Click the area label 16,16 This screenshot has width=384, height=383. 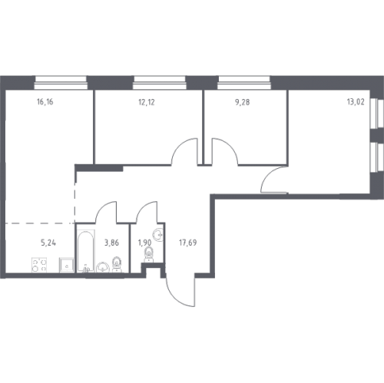point(45,102)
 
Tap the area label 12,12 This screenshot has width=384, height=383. point(147,102)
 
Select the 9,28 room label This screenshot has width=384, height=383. point(242,102)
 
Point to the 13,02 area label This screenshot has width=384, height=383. point(356,102)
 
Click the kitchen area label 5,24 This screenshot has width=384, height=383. point(48,243)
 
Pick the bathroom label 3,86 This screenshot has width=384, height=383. point(111,243)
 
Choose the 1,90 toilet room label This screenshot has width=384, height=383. point(144,243)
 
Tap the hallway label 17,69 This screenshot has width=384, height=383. point(188,243)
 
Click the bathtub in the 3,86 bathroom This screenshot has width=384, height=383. point(86,251)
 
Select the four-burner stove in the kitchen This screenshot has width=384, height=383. point(40,265)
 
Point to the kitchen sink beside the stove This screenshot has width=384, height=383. point(67,265)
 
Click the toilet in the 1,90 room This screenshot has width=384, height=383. point(148,255)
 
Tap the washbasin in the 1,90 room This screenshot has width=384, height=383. point(158,235)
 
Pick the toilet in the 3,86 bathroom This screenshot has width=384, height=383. point(117,265)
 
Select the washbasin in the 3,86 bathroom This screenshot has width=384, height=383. point(103,268)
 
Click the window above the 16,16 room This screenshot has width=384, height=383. point(61,83)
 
